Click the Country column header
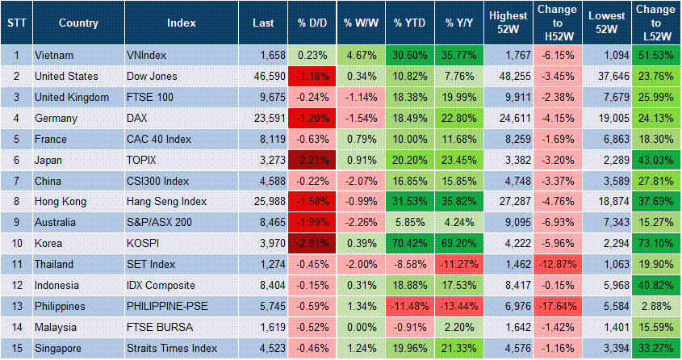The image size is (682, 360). (78, 23)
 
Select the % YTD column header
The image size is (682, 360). (410, 23)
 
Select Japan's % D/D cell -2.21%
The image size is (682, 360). (312, 160)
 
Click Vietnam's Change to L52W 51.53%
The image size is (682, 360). (656, 56)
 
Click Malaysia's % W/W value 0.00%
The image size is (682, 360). (361, 328)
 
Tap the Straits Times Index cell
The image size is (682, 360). (172, 349)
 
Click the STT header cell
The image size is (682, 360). (15, 23)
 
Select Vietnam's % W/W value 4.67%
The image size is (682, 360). (361, 56)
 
